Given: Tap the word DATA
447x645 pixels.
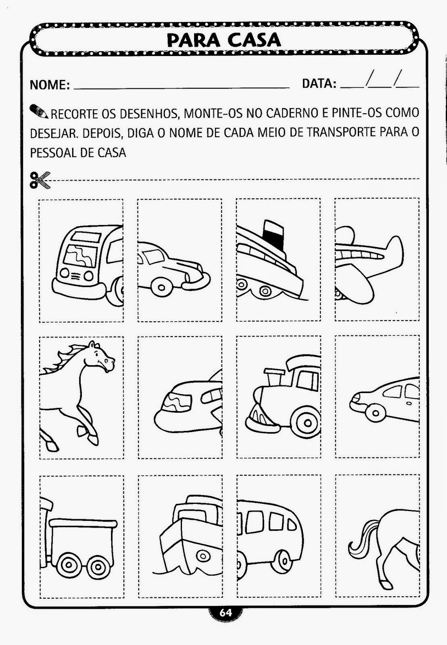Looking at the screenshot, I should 319,83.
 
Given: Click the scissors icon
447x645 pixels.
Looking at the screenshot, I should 40,180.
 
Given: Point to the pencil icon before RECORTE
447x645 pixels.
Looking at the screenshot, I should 39,111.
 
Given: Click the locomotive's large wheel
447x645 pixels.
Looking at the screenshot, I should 306,423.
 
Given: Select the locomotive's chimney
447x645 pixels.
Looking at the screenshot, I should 273,377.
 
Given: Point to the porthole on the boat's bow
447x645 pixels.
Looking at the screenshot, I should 203,556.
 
